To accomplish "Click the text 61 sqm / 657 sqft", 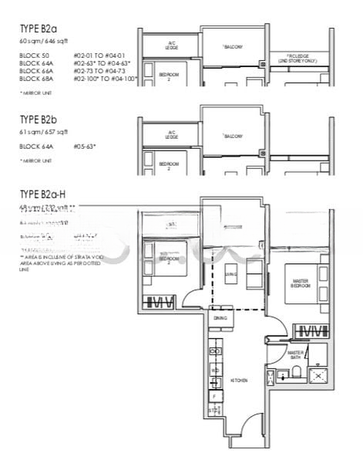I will pyautogui.click(x=49, y=132).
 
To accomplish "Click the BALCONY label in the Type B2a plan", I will pyautogui.click(x=234, y=48).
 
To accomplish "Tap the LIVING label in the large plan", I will pyautogui.click(x=230, y=274).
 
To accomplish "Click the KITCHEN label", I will pyautogui.click(x=235, y=382).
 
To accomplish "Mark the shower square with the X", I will pyautogui.click(x=318, y=376).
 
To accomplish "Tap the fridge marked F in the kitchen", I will pyautogui.click(x=215, y=394).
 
